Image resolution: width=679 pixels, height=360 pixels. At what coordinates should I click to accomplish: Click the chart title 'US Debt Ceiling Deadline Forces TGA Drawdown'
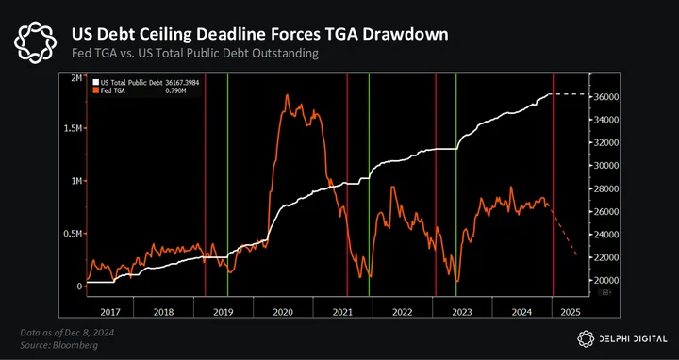260,34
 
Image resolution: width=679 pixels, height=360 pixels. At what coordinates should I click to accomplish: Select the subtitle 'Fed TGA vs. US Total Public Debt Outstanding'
195,54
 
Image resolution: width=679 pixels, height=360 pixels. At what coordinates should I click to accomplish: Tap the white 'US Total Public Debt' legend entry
146,82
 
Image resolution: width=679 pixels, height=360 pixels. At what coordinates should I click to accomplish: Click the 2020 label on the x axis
283,312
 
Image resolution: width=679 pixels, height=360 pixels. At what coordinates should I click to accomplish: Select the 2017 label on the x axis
110,312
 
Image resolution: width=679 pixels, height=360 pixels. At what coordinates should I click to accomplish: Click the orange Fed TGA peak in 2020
287,95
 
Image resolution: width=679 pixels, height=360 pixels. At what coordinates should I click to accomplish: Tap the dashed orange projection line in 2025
563,231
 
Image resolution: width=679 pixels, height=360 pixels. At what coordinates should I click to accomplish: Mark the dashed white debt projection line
570,94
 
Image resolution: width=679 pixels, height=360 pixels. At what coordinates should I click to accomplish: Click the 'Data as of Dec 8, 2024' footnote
67,333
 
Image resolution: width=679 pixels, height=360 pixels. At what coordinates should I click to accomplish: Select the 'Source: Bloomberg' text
58,345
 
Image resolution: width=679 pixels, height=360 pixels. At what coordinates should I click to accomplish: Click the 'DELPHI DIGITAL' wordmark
633,339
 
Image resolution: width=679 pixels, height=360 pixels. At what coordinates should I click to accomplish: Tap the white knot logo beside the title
35,42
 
